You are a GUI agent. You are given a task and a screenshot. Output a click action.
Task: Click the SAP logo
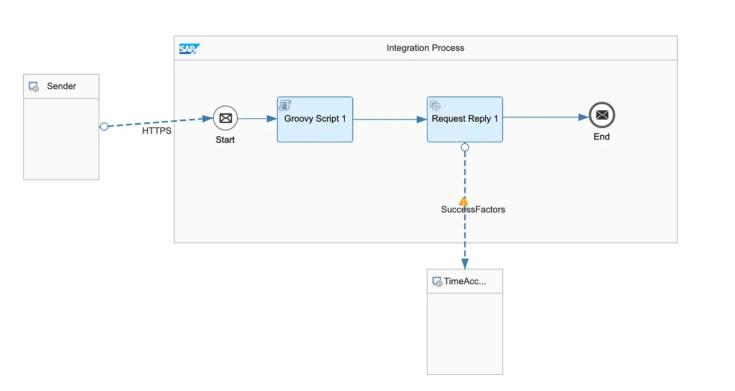(x=189, y=49)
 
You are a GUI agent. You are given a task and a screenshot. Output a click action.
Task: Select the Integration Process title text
(x=425, y=48)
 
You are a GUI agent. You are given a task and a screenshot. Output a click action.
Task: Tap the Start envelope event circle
(x=225, y=118)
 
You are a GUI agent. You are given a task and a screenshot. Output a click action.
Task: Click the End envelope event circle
(x=602, y=115)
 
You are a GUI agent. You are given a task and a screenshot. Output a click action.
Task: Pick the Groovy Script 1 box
(x=315, y=120)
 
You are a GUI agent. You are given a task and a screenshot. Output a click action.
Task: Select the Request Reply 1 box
(x=464, y=120)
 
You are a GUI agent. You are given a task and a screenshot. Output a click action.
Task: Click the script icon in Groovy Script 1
(x=285, y=105)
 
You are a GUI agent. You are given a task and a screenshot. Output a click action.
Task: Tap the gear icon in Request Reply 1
(x=435, y=105)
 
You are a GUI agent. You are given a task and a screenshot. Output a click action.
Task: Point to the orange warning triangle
(x=463, y=201)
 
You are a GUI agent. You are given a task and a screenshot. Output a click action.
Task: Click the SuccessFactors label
(x=473, y=209)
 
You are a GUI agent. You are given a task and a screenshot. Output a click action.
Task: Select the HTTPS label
(x=156, y=131)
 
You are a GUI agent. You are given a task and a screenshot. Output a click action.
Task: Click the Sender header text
(x=61, y=86)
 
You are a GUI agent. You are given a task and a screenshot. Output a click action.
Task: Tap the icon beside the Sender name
(x=34, y=87)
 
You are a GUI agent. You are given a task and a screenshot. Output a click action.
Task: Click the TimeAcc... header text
(x=464, y=281)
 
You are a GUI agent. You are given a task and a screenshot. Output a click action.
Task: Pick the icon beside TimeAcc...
(x=437, y=282)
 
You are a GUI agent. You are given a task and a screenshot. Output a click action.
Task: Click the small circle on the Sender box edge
(x=104, y=127)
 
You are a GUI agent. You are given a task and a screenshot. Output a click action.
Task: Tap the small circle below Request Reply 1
(x=464, y=147)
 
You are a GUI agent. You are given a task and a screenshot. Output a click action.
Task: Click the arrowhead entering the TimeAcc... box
(x=464, y=263)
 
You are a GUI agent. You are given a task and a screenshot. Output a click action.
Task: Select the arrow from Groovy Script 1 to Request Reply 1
(x=390, y=120)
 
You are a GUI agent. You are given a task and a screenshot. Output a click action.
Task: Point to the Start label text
(x=225, y=140)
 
